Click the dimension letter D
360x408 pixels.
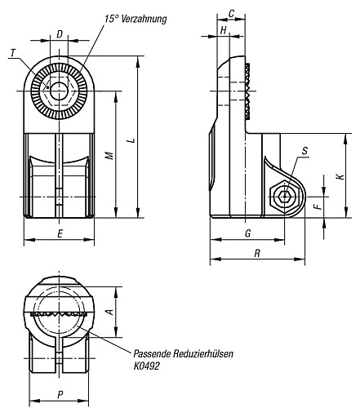click(x=60, y=34)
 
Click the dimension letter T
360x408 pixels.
click(x=13, y=53)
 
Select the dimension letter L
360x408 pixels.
click(x=131, y=140)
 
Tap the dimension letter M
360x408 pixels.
click(x=109, y=155)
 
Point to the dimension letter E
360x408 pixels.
click(x=60, y=233)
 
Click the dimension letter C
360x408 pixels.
click(x=231, y=14)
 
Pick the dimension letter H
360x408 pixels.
click(x=223, y=30)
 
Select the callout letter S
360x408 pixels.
click(x=304, y=150)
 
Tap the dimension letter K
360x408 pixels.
click(x=340, y=176)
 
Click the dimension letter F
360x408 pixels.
click(x=318, y=206)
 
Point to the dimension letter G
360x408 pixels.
click(x=248, y=233)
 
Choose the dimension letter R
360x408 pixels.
click(x=257, y=253)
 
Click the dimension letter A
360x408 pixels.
click(x=110, y=312)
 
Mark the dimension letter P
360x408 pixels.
click(x=60, y=394)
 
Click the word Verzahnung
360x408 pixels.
click(x=144, y=20)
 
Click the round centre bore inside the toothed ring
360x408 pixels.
click(x=59, y=91)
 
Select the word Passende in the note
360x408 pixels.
click(x=152, y=354)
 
